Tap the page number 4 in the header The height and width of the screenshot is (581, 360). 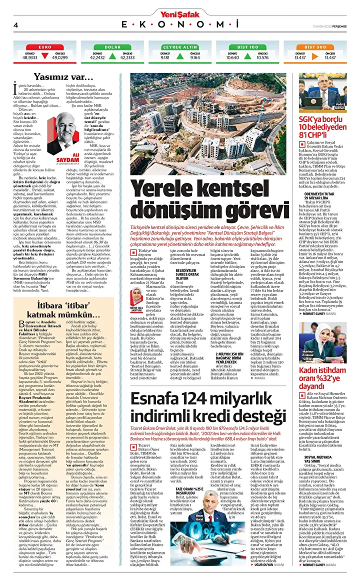click(16, 24)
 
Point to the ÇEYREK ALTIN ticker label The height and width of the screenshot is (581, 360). click(179, 47)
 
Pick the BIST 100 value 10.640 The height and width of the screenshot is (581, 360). click(232, 57)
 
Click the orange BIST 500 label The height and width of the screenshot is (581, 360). click(315, 47)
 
